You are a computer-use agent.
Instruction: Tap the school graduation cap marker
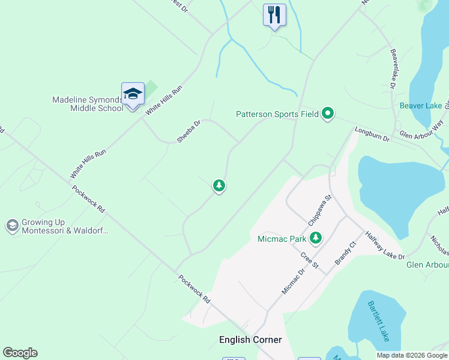133,94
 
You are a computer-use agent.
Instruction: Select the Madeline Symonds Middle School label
88,104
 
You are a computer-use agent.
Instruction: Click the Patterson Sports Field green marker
327,113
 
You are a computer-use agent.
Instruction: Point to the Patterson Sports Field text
276,113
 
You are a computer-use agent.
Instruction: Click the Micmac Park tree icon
315,238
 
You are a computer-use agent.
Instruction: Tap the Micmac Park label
282,239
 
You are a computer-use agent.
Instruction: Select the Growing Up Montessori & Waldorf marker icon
11,226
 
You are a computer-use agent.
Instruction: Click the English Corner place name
250,340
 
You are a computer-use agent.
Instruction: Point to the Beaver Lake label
421,106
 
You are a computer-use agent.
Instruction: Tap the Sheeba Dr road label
188,131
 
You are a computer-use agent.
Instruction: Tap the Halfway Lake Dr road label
385,245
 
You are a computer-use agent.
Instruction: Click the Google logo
20,353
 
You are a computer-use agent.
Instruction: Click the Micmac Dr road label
294,280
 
